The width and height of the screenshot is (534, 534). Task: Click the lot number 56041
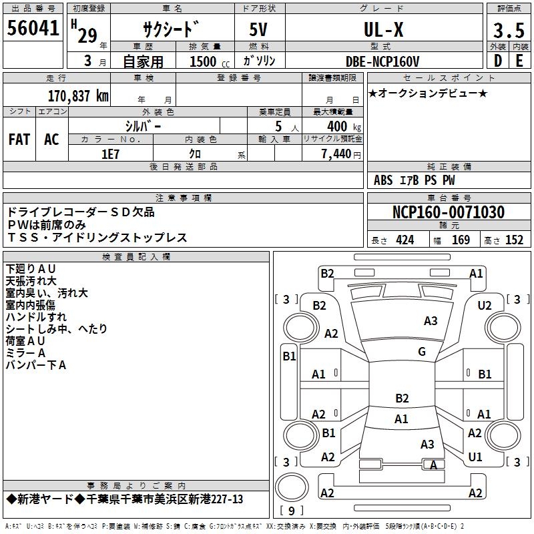click(x=33, y=28)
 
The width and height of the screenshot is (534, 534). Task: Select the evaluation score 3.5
click(x=507, y=30)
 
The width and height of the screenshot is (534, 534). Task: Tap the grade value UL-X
click(x=383, y=29)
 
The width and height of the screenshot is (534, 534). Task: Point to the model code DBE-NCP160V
click(x=382, y=61)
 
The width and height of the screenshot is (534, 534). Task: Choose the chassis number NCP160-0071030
click(x=448, y=213)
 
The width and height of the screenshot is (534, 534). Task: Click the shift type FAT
click(x=19, y=140)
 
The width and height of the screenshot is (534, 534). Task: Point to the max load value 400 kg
click(x=338, y=126)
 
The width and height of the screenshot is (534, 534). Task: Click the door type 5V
click(x=259, y=29)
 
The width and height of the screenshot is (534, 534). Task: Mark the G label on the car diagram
click(x=421, y=352)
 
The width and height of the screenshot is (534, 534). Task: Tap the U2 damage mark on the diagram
click(x=485, y=305)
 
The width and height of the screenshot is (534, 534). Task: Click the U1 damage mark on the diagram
click(x=475, y=457)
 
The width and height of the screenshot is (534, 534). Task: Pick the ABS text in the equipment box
click(x=383, y=180)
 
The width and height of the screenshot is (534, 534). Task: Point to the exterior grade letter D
click(x=497, y=60)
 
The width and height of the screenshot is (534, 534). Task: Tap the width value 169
click(x=461, y=240)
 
